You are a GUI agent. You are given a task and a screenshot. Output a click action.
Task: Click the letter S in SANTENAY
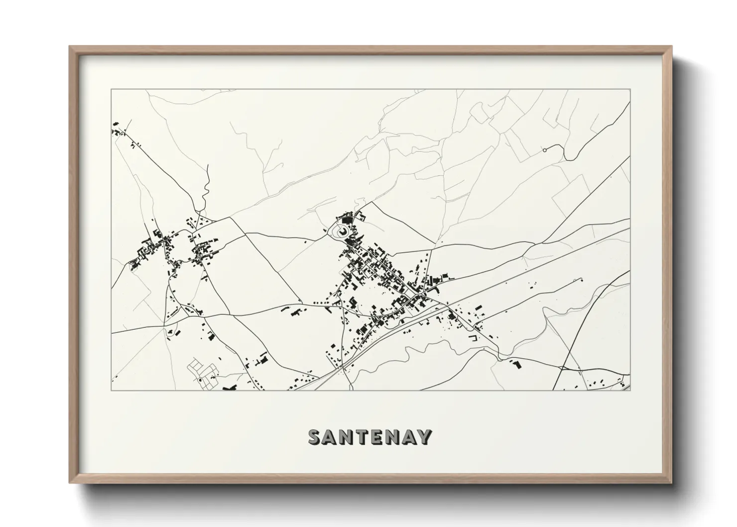[315, 437]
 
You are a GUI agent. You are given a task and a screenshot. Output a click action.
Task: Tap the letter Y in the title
[424, 437]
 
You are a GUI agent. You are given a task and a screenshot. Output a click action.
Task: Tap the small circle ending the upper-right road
[544, 149]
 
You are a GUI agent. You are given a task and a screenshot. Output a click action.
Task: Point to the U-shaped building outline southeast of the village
[473, 338]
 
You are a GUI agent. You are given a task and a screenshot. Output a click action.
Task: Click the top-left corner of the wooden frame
[70, 47]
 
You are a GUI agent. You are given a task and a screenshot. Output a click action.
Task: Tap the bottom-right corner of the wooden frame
[672, 482]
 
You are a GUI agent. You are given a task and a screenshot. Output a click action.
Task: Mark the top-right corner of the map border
[630, 90]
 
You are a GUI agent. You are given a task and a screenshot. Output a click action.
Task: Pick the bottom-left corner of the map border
[111, 391]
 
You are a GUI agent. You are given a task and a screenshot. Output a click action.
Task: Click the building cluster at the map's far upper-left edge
[118, 131]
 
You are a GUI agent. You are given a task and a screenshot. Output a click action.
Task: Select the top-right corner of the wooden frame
[672, 47]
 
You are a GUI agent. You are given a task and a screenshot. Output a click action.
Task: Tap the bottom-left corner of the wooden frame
[70, 482]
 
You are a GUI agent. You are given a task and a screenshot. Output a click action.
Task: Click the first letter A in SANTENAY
[331, 437]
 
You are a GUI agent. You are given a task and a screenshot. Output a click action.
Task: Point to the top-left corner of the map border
[111, 90]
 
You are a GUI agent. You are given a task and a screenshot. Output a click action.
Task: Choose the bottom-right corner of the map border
[630, 391]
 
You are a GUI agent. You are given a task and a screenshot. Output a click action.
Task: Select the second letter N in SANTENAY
[392, 437]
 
